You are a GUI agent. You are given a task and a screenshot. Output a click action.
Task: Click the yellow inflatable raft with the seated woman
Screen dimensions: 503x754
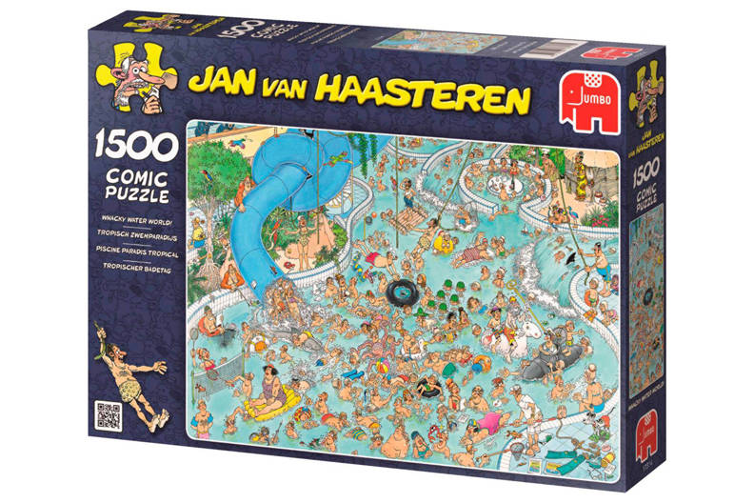[272, 411]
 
